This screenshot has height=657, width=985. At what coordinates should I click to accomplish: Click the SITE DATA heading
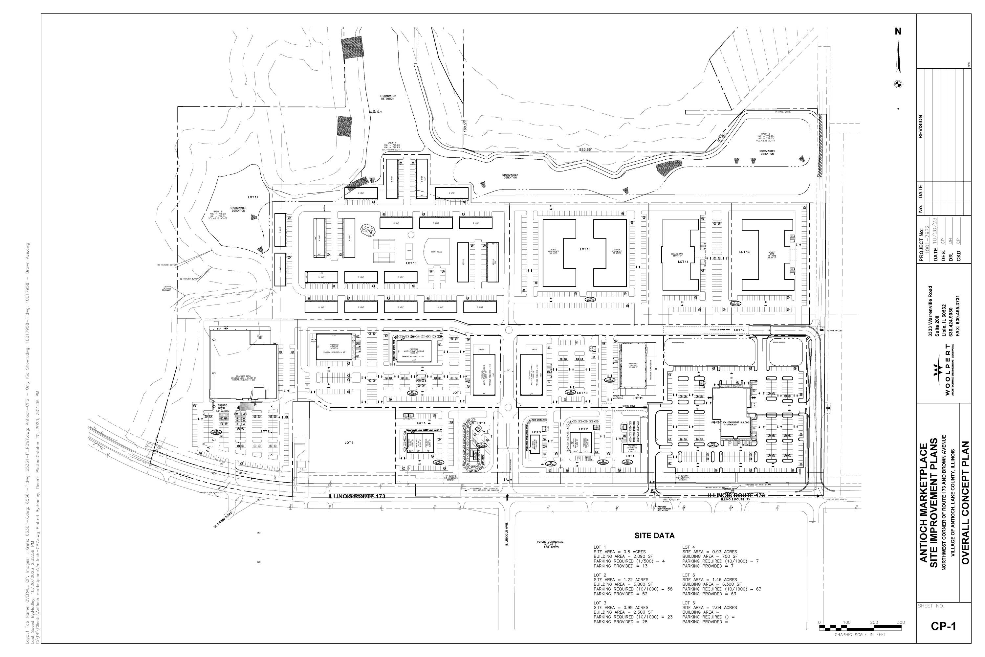(x=654, y=535)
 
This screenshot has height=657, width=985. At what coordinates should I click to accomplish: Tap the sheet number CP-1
(x=944, y=626)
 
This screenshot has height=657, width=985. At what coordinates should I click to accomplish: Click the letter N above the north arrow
(x=898, y=32)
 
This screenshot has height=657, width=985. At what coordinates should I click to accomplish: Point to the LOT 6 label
(x=349, y=442)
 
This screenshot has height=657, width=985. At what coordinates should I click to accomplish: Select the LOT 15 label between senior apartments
(x=585, y=249)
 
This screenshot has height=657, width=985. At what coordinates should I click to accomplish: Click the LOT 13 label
(x=744, y=252)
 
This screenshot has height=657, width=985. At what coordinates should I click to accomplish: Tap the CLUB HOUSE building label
(x=436, y=252)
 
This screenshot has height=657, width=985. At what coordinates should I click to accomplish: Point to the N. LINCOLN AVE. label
(x=506, y=534)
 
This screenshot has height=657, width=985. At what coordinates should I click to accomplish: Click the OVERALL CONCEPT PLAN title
(x=965, y=503)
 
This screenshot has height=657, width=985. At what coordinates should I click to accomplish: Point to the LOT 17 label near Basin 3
(x=253, y=197)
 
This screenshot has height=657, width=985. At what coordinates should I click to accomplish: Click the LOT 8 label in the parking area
(x=265, y=431)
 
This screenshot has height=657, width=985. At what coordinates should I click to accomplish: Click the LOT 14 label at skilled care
(x=683, y=262)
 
